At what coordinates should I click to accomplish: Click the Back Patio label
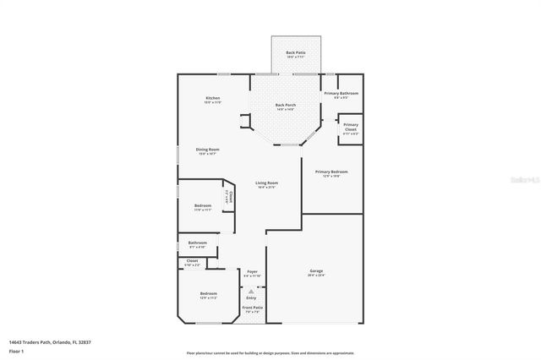pyautogui.click(x=295, y=53)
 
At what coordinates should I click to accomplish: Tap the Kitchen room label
pyautogui.click(x=212, y=99)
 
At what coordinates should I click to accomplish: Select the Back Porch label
pyautogui.click(x=284, y=105)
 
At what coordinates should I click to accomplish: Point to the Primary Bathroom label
pyautogui.click(x=342, y=93)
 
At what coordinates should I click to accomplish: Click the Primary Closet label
pyautogui.click(x=351, y=128)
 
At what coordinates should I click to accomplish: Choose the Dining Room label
pyautogui.click(x=208, y=150)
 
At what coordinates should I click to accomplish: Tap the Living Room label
pyautogui.click(x=267, y=183)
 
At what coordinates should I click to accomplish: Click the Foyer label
pyautogui.click(x=251, y=273)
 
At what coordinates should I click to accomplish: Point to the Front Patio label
pyautogui.click(x=252, y=307)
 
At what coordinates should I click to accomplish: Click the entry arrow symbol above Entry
pyautogui.click(x=251, y=290)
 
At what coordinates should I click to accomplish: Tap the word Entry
pyautogui.click(x=251, y=297)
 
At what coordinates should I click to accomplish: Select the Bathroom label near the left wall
pyautogui.click(x=197, y=243)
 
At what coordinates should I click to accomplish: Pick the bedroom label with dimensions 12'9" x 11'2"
pyautogui.click(x=208, y=294)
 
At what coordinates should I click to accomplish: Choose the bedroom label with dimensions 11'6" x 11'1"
pyautogui.click(x=203, y=205)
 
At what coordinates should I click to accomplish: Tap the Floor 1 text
pyautogui.click(x=16, y=350)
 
